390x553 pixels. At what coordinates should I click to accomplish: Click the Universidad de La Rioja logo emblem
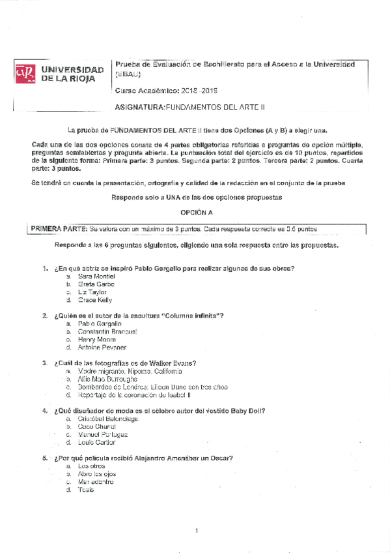[25, 74]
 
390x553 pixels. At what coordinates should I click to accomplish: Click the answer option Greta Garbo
[96, 284]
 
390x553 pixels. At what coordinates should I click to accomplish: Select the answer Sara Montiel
[96, 276]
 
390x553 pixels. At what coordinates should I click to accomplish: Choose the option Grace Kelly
[95, 300]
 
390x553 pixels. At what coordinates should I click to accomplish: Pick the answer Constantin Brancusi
[107, 331]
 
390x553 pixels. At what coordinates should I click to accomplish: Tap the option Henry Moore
[96, 339]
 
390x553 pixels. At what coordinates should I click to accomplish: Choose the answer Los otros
[91, 466]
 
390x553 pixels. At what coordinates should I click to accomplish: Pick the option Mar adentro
[96, 481]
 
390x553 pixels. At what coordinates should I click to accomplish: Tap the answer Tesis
[85, 489]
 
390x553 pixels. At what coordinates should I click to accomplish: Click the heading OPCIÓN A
[196, 213]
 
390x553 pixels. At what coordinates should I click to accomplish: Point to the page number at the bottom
[196, 531]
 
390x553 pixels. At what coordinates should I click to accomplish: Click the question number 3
[44, 363]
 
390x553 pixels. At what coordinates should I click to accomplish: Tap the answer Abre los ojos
[97, 473]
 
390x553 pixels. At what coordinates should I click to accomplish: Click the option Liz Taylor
[92, 292]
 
